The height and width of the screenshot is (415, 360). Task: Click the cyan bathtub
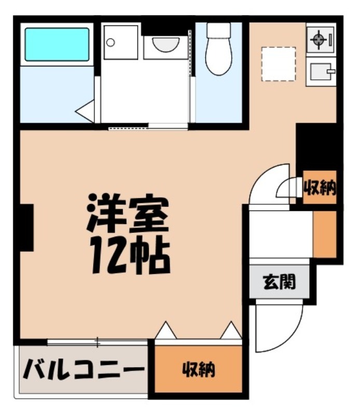click(x=57, y=45)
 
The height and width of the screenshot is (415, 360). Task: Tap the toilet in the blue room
click(x=218, y=49)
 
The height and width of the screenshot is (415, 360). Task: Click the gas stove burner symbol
click(x=317, y=39)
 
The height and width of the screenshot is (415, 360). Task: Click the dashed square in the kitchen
click(x=278, y=64)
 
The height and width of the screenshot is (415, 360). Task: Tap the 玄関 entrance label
click(x=282, y=282)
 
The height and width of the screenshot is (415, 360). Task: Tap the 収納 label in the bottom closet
click(x=198, y=370)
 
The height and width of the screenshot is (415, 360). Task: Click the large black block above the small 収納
click(x=317, y=146)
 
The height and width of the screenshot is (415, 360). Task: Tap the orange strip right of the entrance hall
click(x=325, y=234)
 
